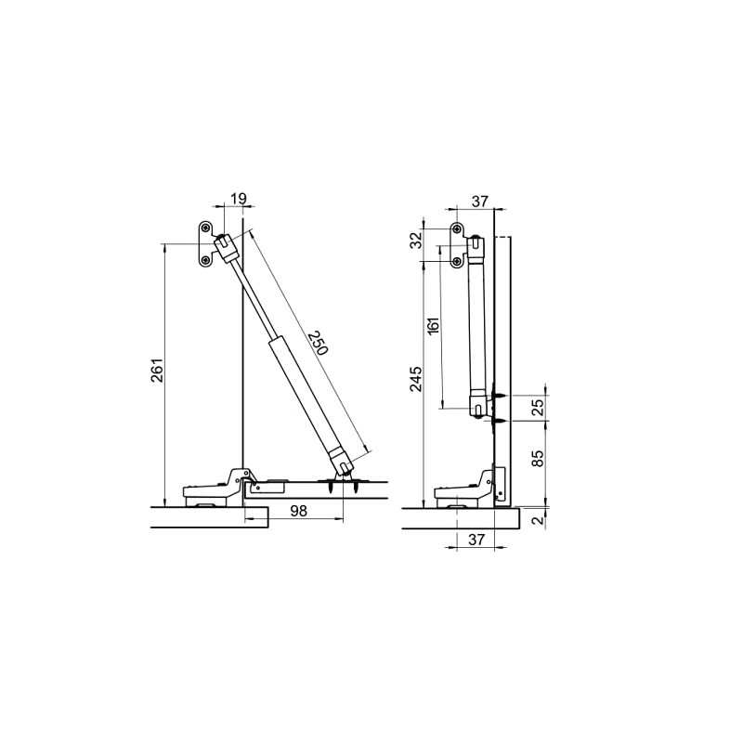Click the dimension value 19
click(x=238, y=198)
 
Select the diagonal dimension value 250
click(x=316, y=343)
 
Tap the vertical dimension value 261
click(x=157, y=372)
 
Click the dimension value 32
click(x=417, y=240)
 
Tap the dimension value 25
click(x=536, y=407)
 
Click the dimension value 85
click(x=536, y=460)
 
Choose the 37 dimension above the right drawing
click(x=479, y=202)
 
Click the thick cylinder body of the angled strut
click(x=303, y=396)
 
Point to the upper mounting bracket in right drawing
click(x=458, y=245)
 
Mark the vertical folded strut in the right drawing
click(x=477, y=325)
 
